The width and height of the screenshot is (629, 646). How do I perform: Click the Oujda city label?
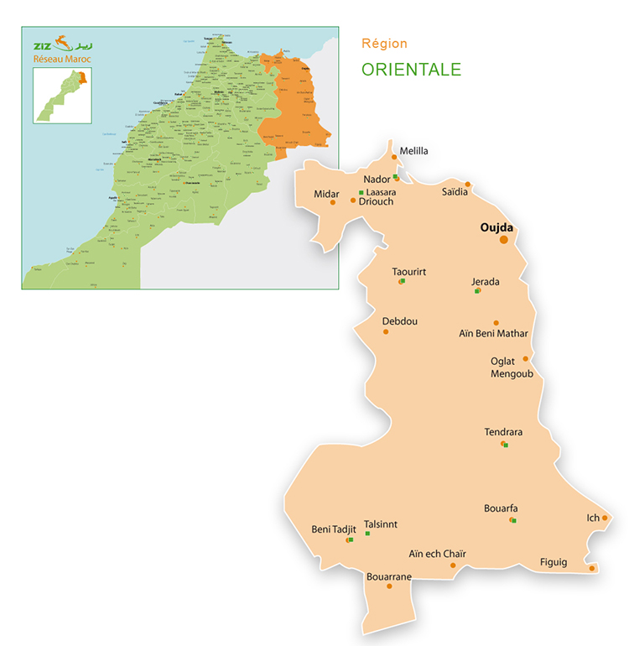coord(496,227)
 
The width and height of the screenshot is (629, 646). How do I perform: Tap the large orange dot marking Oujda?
coord(504,240)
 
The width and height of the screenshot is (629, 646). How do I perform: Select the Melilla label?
coord(413,151)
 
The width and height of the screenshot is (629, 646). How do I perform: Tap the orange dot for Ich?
coord(605,518)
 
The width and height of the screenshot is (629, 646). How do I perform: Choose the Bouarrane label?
coord(389,576)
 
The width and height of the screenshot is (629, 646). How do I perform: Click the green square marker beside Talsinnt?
coord(367,534)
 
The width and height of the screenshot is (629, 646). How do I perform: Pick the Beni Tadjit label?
coord(334,529)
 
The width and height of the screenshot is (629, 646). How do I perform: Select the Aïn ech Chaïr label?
coord(437,553)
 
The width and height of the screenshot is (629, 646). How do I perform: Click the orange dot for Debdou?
coord(386,331)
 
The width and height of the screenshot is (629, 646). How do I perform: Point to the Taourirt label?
coord(409,272)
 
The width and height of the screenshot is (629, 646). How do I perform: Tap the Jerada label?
coord(485,282)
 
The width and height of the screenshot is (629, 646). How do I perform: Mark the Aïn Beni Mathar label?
coord(493,334)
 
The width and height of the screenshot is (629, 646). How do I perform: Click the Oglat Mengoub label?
coord(508,367)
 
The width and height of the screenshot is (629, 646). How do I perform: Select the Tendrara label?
coord(503,432)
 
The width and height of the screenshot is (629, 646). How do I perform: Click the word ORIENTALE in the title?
coord(411,69)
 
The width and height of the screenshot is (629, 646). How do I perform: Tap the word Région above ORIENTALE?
coord(384,43)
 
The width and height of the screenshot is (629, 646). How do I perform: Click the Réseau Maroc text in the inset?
coord(61,59)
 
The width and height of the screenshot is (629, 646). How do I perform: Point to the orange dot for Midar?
coord(333,202)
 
